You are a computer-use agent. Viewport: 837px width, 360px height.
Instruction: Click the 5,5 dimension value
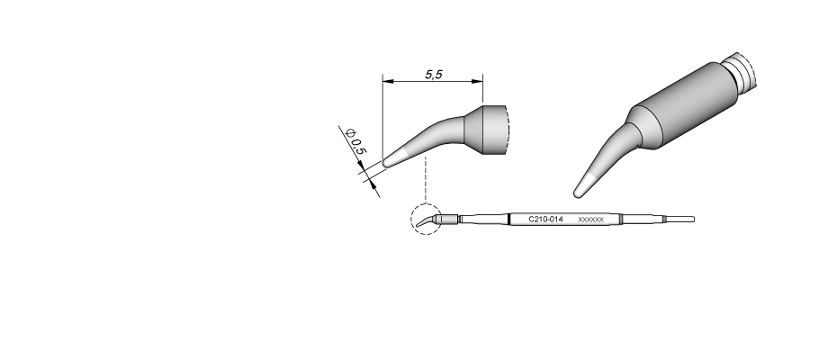click(x=434, y=75)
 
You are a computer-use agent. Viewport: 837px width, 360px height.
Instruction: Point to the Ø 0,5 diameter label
click(x=356, y=141)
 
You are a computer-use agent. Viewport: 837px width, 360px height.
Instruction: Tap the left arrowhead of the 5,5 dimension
click(x=388, y=82)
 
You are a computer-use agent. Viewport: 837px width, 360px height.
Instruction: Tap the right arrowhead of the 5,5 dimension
click(x=477, y=82)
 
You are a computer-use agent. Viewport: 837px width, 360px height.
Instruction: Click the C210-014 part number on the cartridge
click(x=545, y=219)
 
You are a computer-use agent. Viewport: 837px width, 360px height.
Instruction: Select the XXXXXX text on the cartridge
click(x=591, y=220)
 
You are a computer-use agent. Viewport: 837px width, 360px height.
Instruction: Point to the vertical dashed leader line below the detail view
click(x=426, y=180)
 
